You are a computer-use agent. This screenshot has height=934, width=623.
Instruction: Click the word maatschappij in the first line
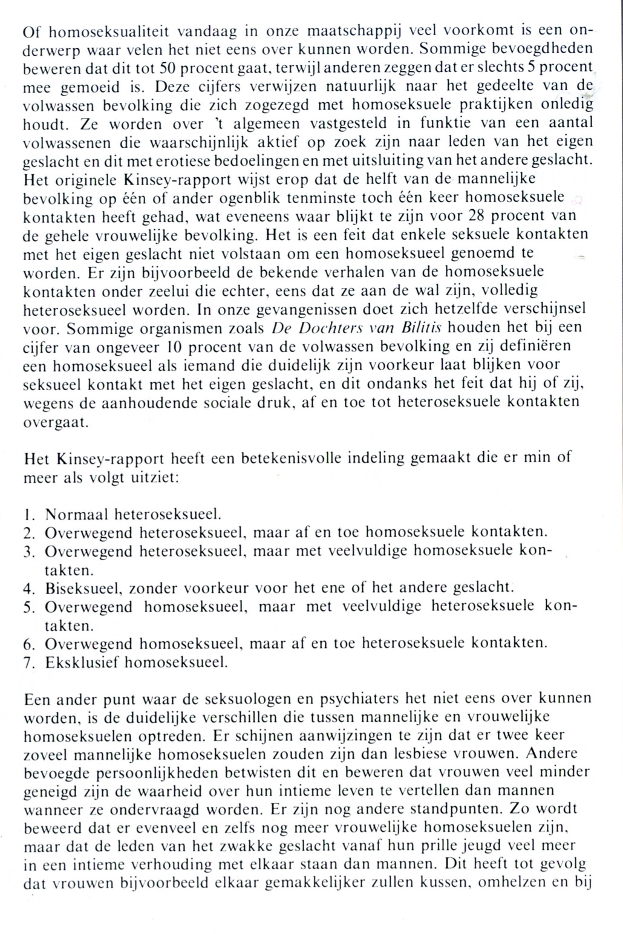tap(350, 30)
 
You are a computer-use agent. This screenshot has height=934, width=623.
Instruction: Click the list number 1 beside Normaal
tap(28, 515)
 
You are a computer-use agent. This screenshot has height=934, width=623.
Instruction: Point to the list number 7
tap(28, 662)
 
